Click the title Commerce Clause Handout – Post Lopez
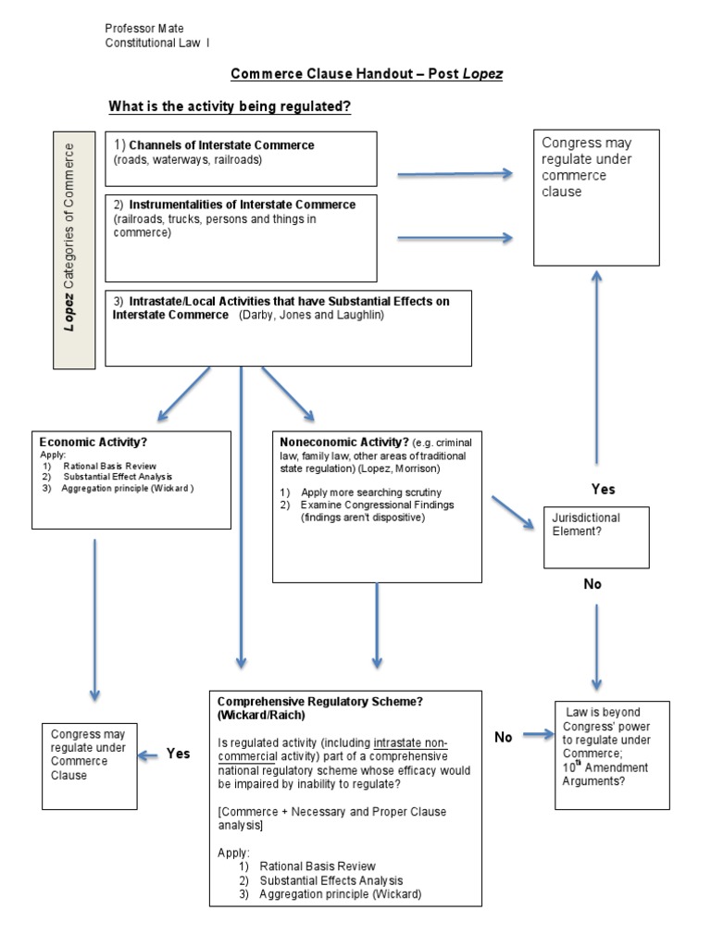[366, 74]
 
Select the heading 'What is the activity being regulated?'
[230, 107]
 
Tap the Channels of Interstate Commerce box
[241, 158]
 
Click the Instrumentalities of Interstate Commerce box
[241, 237]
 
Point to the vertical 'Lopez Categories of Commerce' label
[73, 250]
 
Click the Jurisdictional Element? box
[594, 537]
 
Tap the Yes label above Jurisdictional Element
[603, 489]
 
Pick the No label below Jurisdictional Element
[592, 584]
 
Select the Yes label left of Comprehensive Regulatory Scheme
[178, 754]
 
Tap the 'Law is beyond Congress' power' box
[612, 755]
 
